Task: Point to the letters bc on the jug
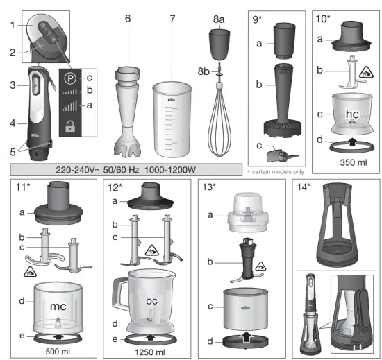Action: tap(150, 300)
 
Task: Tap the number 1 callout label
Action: tap(13, 25)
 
